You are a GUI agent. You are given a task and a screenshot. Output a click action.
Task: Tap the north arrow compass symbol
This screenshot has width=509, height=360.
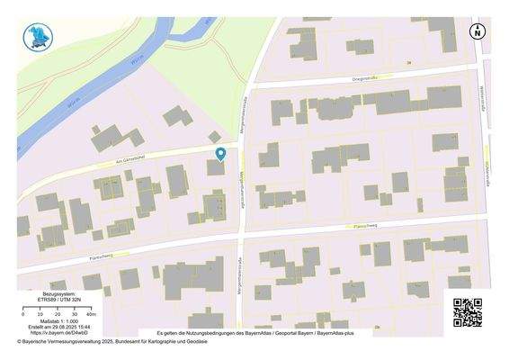click(478, 31)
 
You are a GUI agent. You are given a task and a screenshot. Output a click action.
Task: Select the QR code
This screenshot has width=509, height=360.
click(467, 311)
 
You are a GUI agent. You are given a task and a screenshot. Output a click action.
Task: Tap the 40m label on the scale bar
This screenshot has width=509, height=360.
click(92, 314)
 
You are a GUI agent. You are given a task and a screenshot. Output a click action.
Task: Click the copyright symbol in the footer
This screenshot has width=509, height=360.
click(19, 341)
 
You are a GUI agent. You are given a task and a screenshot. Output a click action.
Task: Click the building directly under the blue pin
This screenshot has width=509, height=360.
click(216, 166)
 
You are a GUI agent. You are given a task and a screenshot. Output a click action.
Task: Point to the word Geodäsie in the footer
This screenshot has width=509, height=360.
click(196, 341)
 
